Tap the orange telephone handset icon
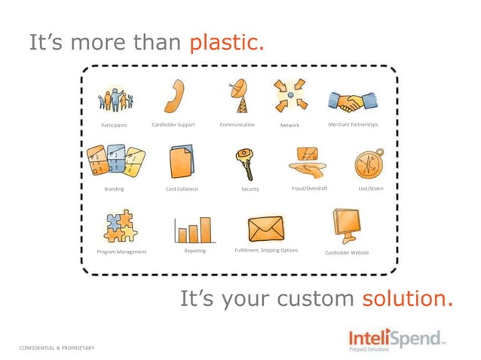click(174, 97)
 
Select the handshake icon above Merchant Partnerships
click(352, 102)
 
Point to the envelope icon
click(265, 228)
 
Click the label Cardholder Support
click(173, 124)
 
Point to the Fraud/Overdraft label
click(309, 188)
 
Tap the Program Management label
click(121, 252)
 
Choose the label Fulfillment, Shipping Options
click(266, 250)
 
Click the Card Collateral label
click(182, 189)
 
